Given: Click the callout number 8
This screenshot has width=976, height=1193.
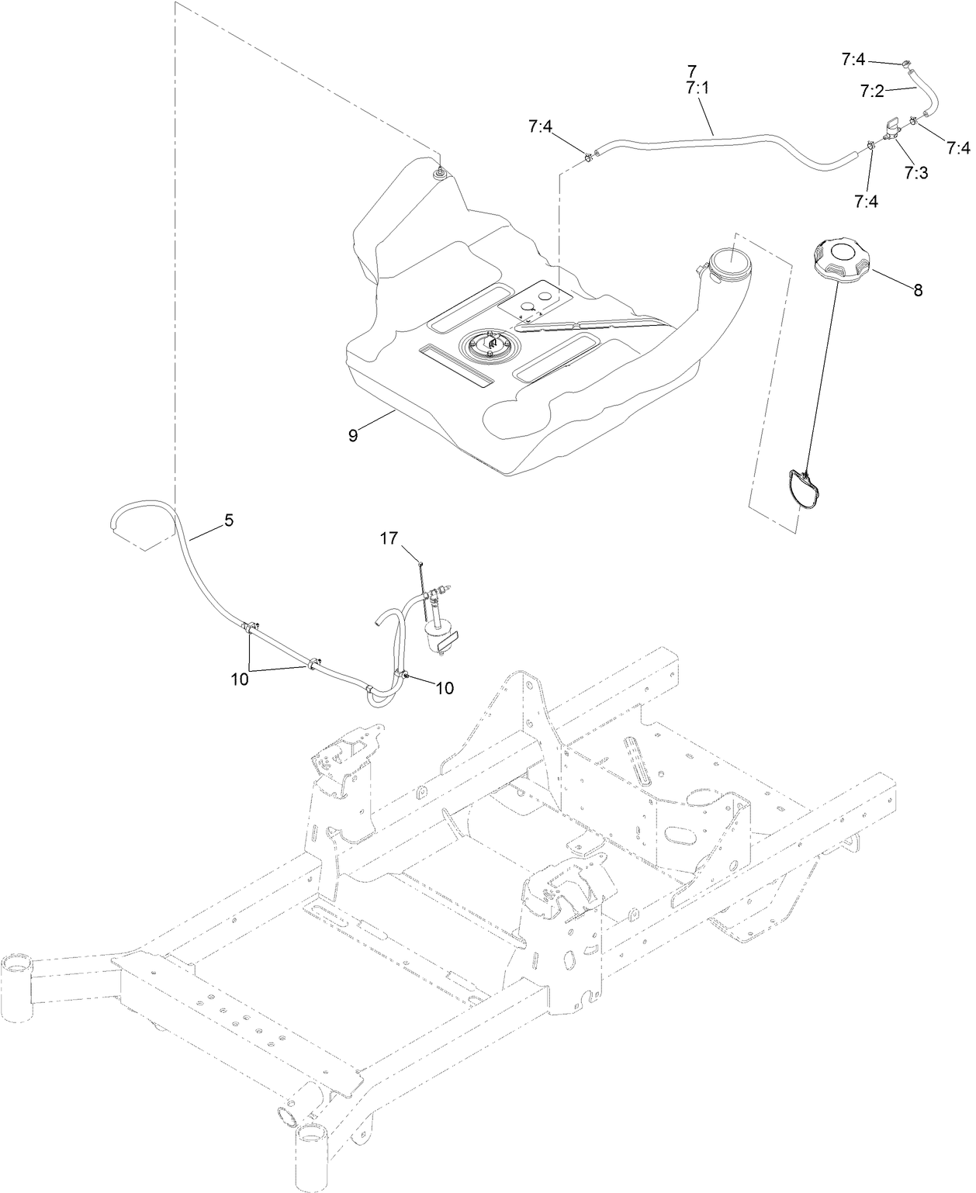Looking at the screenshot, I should click(x=917, y=291).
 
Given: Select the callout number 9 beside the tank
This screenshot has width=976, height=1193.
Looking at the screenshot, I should click(x=353, y=436).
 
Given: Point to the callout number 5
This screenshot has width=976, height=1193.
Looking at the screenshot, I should click(x=228, y=520).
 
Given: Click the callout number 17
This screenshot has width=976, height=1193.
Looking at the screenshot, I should click(x=389, y=537).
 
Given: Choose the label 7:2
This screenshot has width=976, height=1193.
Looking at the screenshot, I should click(x=872, y=91).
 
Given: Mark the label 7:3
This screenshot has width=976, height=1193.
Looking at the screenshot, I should click(x=915, y=172).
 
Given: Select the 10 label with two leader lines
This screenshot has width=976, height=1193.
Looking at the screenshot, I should click(x=240, y=679).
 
